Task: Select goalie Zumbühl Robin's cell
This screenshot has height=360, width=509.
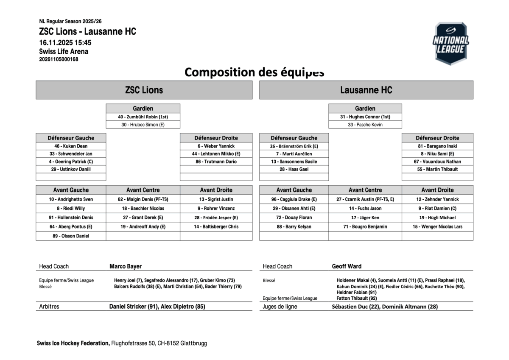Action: pos(143,117)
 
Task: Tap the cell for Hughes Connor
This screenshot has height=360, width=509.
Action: pos(365,117)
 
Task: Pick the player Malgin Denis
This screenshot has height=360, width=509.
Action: pos(143,199)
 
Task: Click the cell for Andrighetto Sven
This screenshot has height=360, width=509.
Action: pos(71,199)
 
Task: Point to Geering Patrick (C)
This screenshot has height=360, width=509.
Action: pos(71,162)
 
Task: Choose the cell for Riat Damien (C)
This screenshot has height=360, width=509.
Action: pos(437,209)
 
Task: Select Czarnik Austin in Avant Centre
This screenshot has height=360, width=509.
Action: pos(365,199)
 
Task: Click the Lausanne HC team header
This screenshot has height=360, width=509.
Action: pos(366,90)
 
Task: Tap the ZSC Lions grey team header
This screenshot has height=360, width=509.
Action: pos(144,90)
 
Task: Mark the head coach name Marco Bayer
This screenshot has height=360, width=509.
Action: pos(126,266)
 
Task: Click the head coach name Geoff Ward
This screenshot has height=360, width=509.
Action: pos(347,266)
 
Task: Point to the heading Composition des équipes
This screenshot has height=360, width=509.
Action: pos(255,72)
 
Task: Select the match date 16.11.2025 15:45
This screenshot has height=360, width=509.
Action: pos(65,42)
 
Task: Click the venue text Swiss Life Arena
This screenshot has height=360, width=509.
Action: pos(64,51)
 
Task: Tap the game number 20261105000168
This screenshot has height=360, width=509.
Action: pos(59,59)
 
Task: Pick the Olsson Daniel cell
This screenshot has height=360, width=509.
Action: pos(71,236)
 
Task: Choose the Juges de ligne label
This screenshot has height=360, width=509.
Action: pos(280,307)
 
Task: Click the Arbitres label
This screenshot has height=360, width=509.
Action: pos(49,307)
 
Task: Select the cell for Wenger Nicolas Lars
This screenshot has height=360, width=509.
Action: pos(437,227)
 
